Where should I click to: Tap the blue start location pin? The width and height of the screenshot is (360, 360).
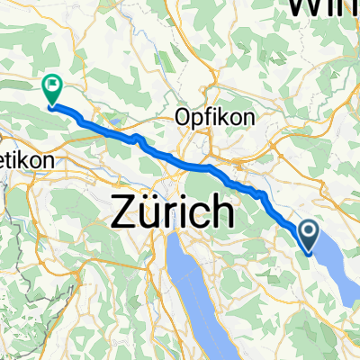pyautogui.click(x=308, y=237)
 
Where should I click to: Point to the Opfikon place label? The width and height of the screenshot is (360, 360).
pyautogui.click(x=216, y=118)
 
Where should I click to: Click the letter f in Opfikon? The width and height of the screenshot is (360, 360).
pyautogui.click(x=208, y=118)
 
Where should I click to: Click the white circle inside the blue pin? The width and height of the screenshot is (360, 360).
pyautogui.click(x=308, y=233)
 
